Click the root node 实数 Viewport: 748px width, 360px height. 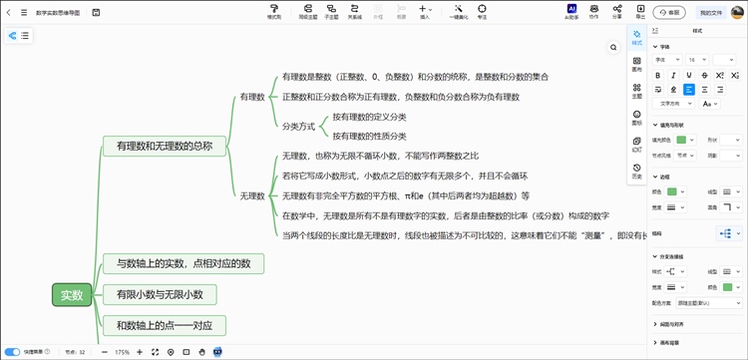point(72,294)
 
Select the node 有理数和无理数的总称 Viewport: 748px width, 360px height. point(165,146)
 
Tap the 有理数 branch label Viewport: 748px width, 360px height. point(251,97)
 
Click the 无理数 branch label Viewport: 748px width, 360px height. point(251,195)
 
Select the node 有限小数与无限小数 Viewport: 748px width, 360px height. point(160,294)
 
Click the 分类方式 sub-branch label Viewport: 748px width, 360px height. point(298,127)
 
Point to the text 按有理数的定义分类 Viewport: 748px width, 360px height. point(369,117)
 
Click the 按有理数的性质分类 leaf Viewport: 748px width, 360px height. point(369,136)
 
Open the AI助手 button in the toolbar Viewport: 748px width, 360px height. point(571,12)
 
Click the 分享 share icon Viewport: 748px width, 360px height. point(616,12)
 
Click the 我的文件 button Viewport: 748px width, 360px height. point(711,13)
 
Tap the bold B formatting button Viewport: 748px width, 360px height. point(660,74)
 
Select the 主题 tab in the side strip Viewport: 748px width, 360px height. point(637,92)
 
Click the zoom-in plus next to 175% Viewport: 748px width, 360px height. point(140,352)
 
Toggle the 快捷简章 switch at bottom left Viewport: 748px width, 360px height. point(13,352)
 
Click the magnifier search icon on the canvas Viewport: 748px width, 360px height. point(613,47)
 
